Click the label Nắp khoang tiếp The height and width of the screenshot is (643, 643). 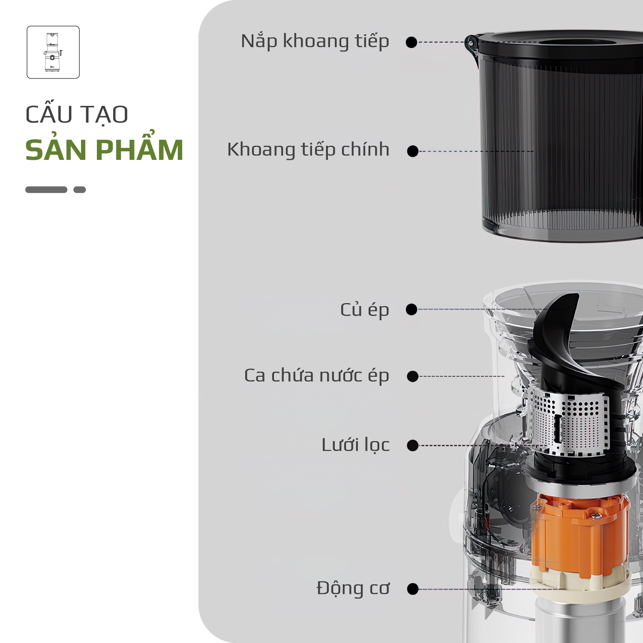click(315, 42)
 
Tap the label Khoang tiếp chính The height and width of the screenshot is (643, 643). click(308, 150)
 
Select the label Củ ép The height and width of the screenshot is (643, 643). click(364, 310)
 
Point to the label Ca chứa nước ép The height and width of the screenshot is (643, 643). click(316, 376)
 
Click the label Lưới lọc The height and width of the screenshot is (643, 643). click(355, 445)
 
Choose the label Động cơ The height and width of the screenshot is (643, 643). click(353, 588)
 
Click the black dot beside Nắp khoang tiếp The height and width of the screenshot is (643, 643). click(412, 42)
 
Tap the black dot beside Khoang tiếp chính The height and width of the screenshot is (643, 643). click(413, 151)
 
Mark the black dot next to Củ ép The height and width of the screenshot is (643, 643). click(412, 309)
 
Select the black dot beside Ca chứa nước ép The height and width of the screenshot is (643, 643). click(413, 376)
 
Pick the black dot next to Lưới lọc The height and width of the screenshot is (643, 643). click(413, 445)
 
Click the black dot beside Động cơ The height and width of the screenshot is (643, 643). click(413, 589)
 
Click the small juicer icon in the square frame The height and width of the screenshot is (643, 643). click(53, 52)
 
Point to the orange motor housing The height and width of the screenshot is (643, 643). click(580, 536)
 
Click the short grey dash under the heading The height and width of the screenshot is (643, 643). click(80, 189)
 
